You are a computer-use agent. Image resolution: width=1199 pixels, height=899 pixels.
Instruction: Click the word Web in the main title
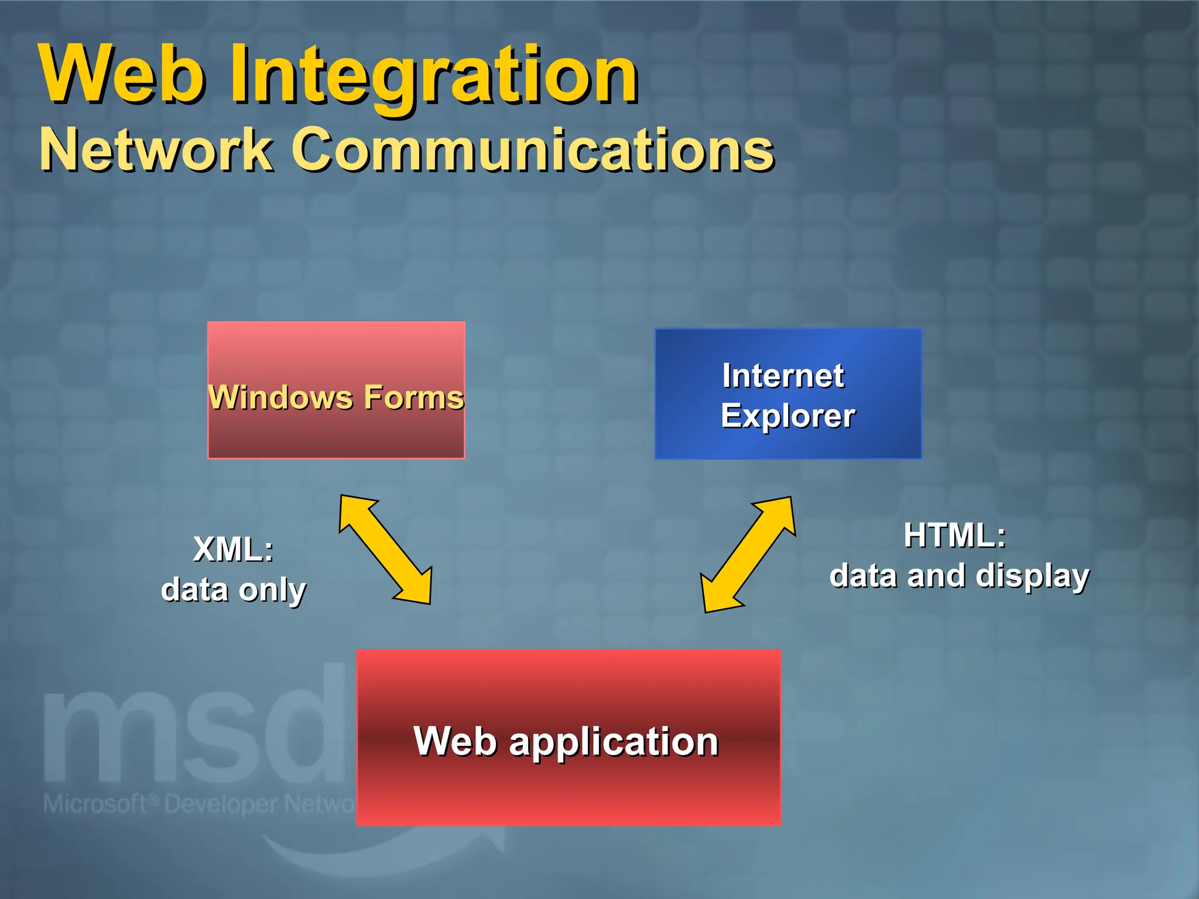(x=123, y=75)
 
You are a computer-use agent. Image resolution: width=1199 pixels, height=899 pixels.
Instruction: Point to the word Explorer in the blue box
(x=787, y=416)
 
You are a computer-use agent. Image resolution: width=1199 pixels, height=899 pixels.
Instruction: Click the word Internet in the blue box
(x=783, y=376)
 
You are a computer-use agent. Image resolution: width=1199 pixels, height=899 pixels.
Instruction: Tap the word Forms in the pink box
(x=413, y=397)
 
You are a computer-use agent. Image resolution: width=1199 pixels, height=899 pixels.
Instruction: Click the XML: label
(x=233, y=550)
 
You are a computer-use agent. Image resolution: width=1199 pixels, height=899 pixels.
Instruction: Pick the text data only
(x=233, y=589)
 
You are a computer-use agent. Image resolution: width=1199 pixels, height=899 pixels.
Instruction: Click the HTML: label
(x=954, y=536)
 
